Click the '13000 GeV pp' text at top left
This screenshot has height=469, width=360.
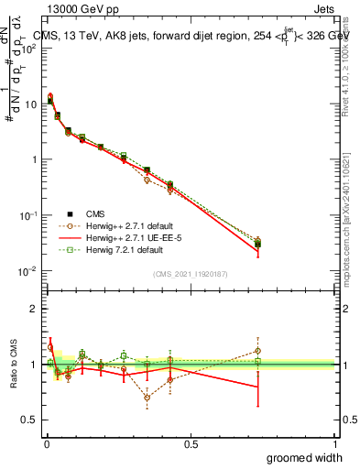[76, 7]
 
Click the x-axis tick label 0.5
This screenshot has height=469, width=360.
[191, 444]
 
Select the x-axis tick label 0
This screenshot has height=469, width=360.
[47, 444]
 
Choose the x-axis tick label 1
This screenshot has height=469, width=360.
[334, 444]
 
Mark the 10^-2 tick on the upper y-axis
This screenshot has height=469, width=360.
[27, 271]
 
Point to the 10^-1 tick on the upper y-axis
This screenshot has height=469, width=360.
[27, 215]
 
